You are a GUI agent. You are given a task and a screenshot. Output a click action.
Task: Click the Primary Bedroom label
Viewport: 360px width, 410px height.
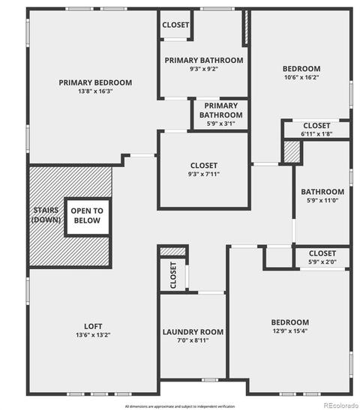(x=95, y=82)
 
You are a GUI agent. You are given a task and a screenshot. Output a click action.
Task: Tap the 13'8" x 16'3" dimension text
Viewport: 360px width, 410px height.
(x=95, y=91)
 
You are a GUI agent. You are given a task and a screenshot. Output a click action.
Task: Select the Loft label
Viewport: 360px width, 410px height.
(x=93, y=326)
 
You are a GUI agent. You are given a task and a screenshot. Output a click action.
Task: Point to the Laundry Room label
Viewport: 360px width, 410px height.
(x=193, y=332)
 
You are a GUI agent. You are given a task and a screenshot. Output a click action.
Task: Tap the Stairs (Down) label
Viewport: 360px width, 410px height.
(x=46, y=215)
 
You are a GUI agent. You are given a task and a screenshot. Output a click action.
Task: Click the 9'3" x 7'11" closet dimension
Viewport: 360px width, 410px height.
(x=204, y=174)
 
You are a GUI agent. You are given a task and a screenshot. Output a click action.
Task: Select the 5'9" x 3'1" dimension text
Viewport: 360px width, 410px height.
(x=221, y=124)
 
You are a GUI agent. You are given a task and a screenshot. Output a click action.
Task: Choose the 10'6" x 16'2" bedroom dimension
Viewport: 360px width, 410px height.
(x=301, y=77)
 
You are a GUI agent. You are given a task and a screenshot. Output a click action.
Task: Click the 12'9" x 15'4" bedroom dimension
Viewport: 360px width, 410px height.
(x=290, y=331)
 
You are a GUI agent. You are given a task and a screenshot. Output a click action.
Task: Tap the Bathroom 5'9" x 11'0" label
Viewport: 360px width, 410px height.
(x=322, y=196)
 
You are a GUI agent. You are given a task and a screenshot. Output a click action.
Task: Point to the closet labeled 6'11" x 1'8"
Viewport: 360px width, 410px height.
(x=316, y=130)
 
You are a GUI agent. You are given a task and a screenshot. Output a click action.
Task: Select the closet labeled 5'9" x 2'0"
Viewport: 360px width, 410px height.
(x=322, y=258)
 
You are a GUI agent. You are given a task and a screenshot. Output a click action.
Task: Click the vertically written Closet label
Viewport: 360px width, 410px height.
(x=173, y=275)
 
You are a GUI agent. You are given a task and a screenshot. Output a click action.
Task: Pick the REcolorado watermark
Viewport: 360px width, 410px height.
(x=341, y=406)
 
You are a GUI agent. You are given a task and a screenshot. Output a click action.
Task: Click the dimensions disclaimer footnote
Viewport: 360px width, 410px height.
(x=180, y=406)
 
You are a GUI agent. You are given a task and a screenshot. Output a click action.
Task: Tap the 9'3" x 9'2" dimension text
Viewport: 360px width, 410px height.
(x=204, y=69)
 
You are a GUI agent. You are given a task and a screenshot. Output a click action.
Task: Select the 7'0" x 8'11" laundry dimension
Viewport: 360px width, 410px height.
(x=193, y=340)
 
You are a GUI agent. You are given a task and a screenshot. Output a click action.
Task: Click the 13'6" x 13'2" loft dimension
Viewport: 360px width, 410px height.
(x=93, y=335)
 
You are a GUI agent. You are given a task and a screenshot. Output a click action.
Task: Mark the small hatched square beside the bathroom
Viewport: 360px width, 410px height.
(x=292, y=152)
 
